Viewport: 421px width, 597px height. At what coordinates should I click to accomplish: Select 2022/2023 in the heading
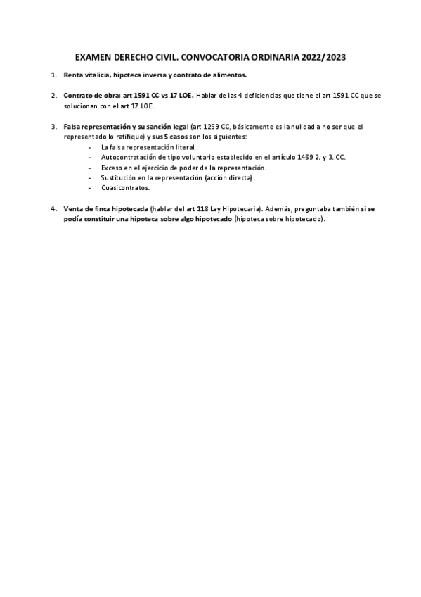tap(322, 57)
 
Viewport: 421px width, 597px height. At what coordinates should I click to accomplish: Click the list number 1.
tap(53, 75)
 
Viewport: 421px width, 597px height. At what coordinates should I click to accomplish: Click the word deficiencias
tap(264, 94)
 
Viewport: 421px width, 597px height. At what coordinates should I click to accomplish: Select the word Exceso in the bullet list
tap(112, 168)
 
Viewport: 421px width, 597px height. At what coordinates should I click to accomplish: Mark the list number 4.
tap(53, 209)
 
